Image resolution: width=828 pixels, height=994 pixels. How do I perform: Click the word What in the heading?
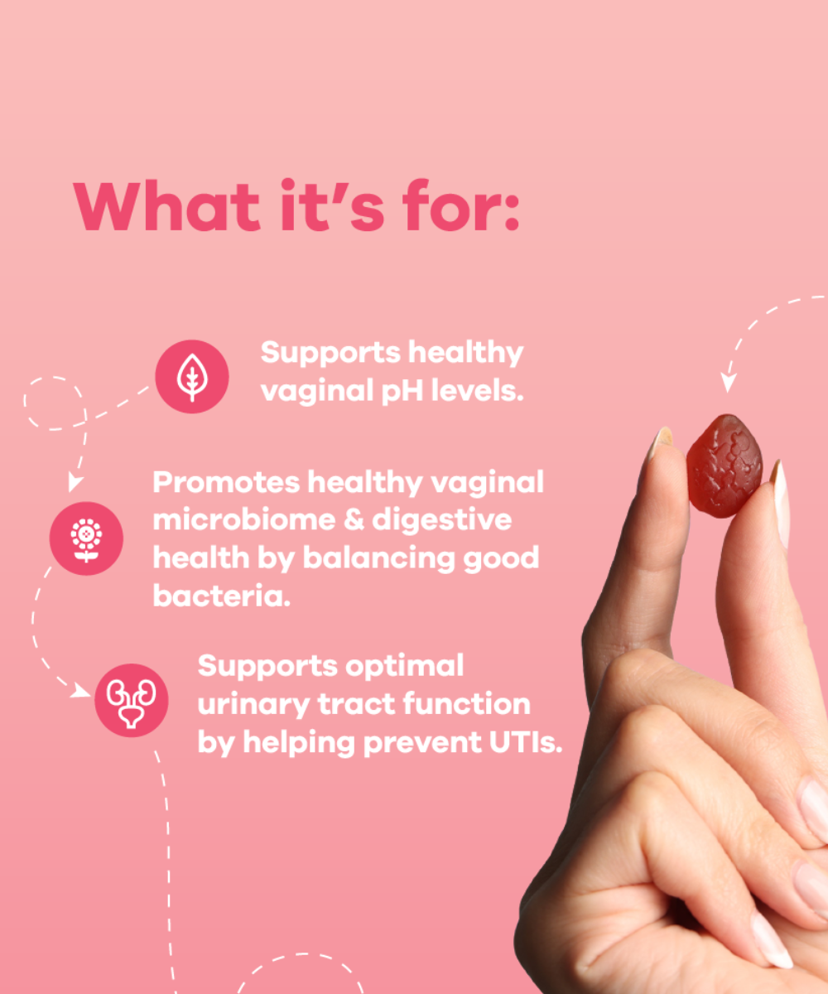tap(166, 205)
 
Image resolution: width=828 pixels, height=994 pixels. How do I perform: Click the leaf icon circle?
tap(192, 377)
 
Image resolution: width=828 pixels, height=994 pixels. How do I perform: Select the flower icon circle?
tap(86, 538)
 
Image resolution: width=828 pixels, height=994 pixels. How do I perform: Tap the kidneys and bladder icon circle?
tap(132, 700)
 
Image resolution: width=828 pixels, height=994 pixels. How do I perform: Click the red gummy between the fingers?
tap(724, 466)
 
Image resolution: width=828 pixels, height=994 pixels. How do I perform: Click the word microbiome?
tap(244, 519)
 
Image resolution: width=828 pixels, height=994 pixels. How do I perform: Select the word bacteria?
tap(222, 596)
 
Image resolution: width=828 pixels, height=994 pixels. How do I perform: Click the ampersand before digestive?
tap(354, 520)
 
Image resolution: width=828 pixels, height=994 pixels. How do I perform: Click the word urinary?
tap(253, 706)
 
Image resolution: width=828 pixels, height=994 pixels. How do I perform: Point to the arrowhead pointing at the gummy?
tap(728, 382)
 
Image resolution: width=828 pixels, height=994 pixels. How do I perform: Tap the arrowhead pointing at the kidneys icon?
tap(81, 690)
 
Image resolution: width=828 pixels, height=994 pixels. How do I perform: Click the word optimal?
tap(405, 667)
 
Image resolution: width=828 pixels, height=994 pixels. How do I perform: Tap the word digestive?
tap(442, 521)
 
